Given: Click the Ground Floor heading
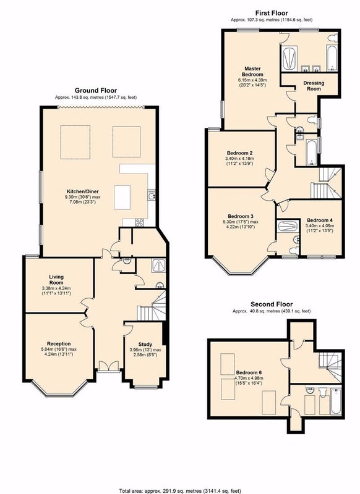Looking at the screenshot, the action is coord(96,91).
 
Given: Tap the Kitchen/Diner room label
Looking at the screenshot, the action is coord(82,191).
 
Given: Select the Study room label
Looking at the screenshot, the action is coord(145,345).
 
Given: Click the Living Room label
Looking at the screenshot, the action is coord(56,280).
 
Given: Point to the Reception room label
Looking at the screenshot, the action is coord(59,343).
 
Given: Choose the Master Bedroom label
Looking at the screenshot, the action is coord(252,72).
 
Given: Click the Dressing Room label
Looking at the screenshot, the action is coord(314,86).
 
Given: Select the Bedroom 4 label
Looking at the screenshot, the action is coord(320,220).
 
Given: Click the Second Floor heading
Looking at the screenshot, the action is coord(272,304).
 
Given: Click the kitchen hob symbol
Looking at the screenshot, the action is coord(139,222).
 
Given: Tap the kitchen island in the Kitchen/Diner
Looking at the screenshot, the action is coord(122,197).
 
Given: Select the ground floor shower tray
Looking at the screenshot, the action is coord(158,266).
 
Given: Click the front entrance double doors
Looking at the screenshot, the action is coord(108,366).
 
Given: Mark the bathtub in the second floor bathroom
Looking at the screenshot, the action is coord(335,401).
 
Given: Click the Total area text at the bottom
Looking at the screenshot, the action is coord(180,491).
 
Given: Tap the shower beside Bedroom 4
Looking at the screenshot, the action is coord(287,226).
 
